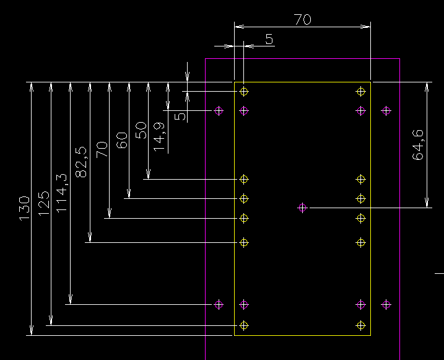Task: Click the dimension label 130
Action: [24, 208]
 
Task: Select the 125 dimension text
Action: [44, 203]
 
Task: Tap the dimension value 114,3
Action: [62, 193]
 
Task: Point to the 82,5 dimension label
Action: [81, 162]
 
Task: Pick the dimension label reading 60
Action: [122, 140]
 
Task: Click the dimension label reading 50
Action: [141, 130]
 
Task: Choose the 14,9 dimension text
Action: [159, 137]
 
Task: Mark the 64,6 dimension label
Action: [418, 145]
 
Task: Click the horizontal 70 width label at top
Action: [303, 20]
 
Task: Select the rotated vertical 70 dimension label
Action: [102, 150]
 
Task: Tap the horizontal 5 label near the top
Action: [269, 39]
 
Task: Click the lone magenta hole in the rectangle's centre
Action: [302, 208]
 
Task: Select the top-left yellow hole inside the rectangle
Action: [244, 92]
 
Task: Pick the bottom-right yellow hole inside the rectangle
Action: [360, 325]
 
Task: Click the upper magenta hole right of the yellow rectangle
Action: [386, 111]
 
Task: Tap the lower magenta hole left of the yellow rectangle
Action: [219, 305]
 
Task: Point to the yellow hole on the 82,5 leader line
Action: [244, 243]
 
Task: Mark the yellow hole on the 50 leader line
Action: [244, 179]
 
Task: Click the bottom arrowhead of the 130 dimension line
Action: [31, 330]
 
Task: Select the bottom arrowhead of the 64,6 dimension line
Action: [427, 203]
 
